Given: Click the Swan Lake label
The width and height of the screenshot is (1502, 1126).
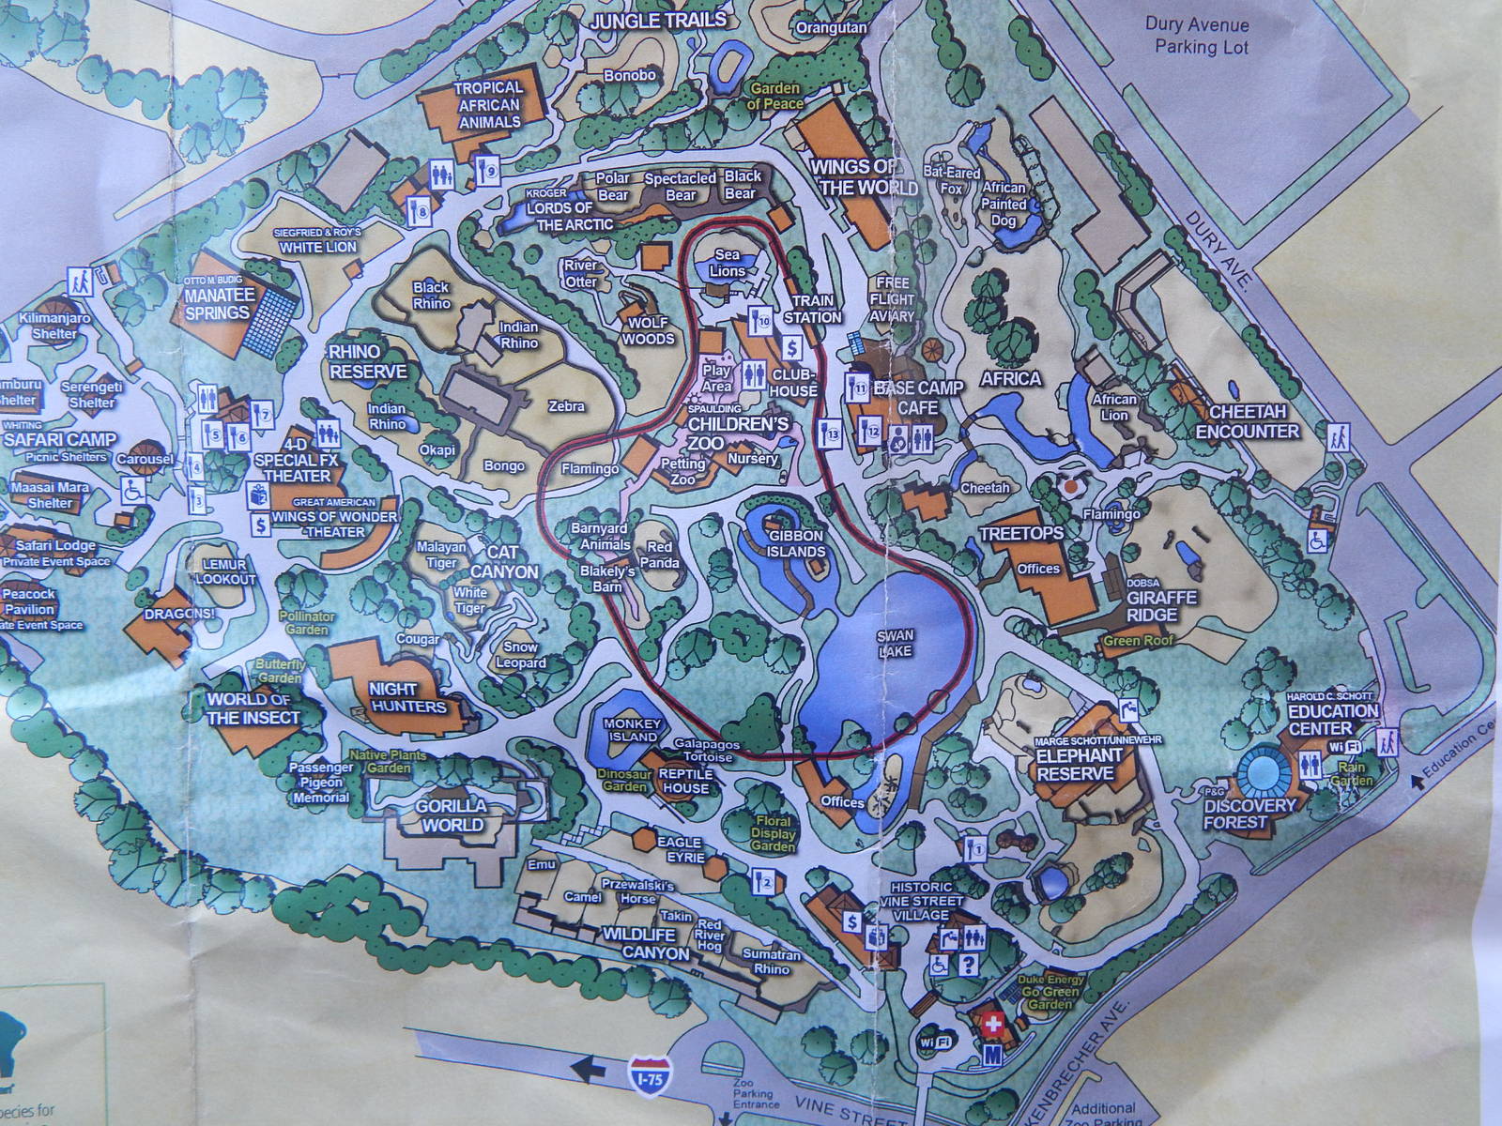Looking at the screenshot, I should (896, 642).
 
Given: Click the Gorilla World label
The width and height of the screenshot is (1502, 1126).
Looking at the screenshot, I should (453, 815).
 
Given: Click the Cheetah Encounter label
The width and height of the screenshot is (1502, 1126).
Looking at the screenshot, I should (1248, 421).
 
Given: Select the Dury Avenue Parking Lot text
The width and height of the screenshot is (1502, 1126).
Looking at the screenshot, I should (1201, 37).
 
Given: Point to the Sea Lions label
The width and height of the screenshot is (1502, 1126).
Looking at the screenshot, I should (728, 263).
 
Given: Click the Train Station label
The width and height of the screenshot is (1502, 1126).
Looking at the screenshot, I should (814, 309).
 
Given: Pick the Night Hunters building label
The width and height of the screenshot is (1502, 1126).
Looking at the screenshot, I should (407, 698).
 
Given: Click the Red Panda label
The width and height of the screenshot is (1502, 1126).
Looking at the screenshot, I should (659, 555).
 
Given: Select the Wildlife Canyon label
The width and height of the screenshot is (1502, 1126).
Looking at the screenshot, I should (645, 943).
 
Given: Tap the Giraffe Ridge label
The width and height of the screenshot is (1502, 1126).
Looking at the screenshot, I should (1161, 605).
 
